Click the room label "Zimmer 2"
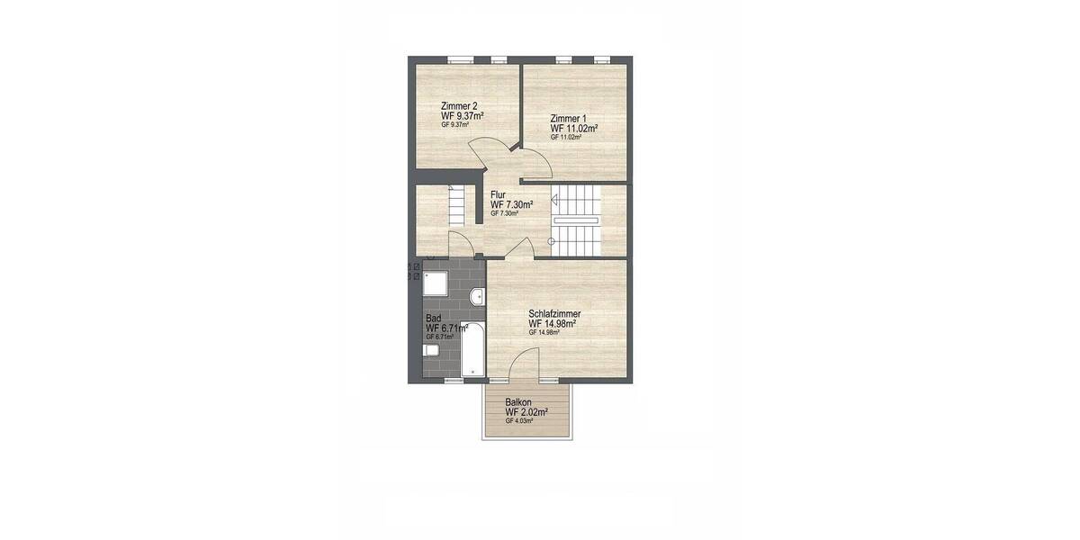[459, 107]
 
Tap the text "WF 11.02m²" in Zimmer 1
[574, 128]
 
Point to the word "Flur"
[498, 194]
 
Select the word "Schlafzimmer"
[554, 313]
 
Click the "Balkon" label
[517, 402]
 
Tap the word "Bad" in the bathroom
[433, 319]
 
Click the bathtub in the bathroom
[472, 346]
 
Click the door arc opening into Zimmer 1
[538, 162]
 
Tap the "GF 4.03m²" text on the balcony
[519, 421]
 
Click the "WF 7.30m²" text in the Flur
[512, 204]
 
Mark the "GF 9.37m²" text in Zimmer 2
[456, 125]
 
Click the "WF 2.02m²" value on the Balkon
[526, 412]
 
